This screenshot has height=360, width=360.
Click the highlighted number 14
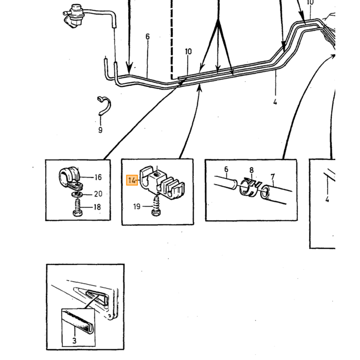[132, 180]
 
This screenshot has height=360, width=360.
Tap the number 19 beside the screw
[137, 206]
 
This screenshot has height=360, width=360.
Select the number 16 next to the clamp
[98, 177]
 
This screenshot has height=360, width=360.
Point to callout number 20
[98, 194]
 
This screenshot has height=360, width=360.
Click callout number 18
[97, 207]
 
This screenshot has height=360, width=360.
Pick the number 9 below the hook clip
[100, 130]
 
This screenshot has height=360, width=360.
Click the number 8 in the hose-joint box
[251, 170]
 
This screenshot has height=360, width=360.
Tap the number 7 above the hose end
[273, 177]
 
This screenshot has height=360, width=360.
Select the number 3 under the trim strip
[74, 340]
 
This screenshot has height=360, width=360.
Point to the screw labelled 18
[78, 208]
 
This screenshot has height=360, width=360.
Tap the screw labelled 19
[156, 205]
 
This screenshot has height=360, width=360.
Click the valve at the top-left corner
[74, 16]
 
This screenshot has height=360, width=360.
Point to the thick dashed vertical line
[171, 40]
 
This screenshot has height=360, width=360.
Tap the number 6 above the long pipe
[148, 37]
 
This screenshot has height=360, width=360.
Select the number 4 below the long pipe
[275, 101]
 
